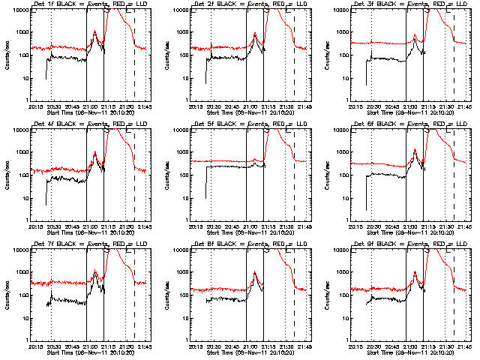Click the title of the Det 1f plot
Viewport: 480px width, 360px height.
[x=88, y=4]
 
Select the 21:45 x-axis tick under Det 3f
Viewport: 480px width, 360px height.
[x=463, y=106]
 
